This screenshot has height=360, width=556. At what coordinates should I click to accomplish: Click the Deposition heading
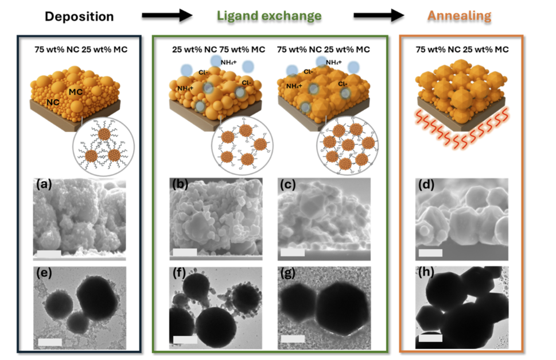tap(79, 17)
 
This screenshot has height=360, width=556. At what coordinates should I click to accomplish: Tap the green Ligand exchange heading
tap(269, 16)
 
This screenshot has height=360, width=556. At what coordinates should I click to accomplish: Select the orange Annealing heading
tap(459, 16)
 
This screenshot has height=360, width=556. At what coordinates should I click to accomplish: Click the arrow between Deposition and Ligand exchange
tap(167, 16)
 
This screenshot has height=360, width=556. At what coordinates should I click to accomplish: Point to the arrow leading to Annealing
tap(379, 16)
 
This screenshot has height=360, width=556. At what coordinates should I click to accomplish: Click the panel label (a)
tap(44, 185)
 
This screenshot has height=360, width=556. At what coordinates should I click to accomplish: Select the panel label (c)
tap(287, 185)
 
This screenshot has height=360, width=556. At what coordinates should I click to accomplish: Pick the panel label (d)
tap(426, 185)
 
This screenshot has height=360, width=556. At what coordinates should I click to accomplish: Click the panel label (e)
tap(44, 273)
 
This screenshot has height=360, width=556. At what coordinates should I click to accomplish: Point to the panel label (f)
tap(180, 273)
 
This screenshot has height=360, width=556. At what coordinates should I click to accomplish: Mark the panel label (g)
tap(287, 273)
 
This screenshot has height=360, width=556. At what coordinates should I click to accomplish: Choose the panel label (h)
tap(426, 272)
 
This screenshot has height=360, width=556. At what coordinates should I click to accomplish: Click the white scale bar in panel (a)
tap(49, 254)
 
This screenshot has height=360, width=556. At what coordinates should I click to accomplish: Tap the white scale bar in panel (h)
tap(430, 338)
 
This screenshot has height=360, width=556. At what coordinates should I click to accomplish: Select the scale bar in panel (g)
tap(293, 339)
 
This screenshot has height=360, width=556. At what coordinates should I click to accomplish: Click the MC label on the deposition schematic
tap(76, 92)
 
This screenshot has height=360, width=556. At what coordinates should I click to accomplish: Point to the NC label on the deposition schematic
tap(53, 103)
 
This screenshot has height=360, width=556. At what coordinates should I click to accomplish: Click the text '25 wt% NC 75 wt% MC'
tap(219, 49)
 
